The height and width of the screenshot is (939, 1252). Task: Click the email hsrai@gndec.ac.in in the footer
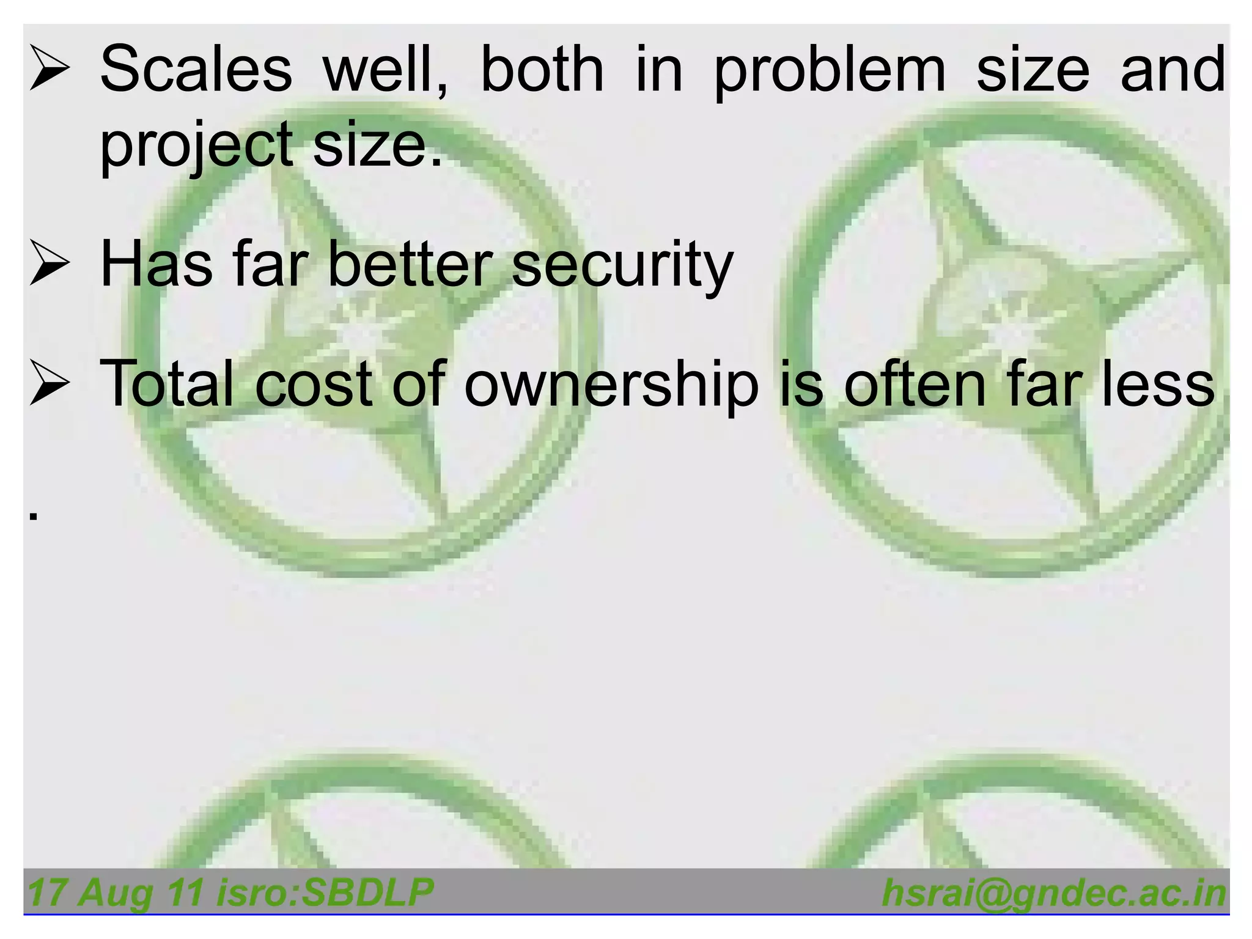1054,893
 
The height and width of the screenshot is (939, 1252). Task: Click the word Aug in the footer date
115,893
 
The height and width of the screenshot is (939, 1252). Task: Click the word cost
313,385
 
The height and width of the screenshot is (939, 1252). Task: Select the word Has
156,264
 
